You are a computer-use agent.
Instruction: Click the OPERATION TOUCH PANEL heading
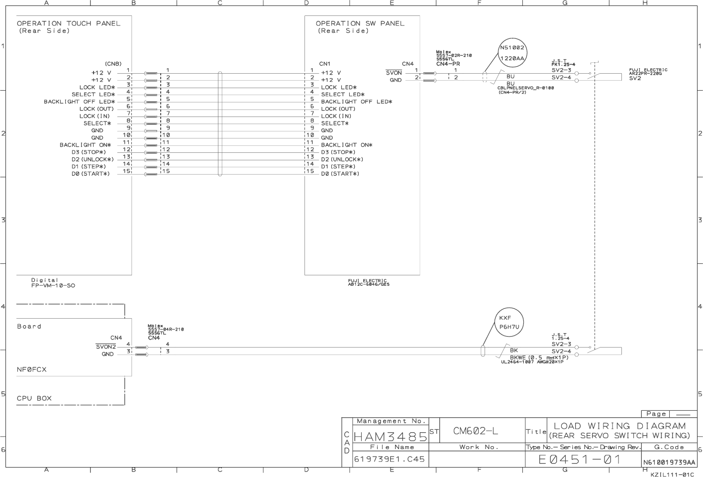pyautogui.click(x=69, y=23)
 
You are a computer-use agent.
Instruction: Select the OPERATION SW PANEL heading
pyautogui.click(x=360, y=23)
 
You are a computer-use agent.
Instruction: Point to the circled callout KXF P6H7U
pyautogui.click(x=509, y=322)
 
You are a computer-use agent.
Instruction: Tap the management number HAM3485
pyautogui.click(x=390, y=437)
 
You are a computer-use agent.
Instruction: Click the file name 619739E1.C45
pyautogui.click(x=389, y=459)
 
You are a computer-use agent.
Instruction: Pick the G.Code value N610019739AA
pyautogui.click(x=669, y=463)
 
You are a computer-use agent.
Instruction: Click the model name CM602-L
pyautogui.click(x=476, y=431)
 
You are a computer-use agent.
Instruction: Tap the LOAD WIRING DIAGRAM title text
pyautogui.click(x=619, y=426)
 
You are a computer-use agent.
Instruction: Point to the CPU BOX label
pyautogui.click(x=34, y=398)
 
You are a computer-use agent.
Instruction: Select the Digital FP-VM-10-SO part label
pyautogui.click(x=53, y=283)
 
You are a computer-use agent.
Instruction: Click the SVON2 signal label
pyautogui.click(x=106, y=347)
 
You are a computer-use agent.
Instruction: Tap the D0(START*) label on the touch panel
pyautogui.click(x=91, y=174)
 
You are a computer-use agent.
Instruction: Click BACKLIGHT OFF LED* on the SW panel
pyautogui.click(x=356, y=102)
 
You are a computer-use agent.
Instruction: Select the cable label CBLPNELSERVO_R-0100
pyautogui.click(x=525, y=88)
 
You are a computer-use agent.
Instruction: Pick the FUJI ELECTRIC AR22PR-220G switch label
pyautogui.click(x=648, y=72)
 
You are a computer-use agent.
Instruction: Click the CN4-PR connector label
pyautogui.click(x=448, y=64)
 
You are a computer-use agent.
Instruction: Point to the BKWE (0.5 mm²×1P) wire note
pyautogui.click(x=539, y=358)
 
